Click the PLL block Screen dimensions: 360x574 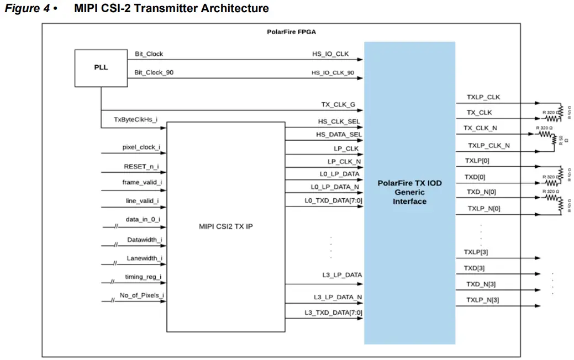[x=101, y=68]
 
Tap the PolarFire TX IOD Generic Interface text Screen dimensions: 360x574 [x=409, y=192]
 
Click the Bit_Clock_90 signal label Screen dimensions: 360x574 [x=154, y=72]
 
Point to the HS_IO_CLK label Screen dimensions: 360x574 [x=330, y=54]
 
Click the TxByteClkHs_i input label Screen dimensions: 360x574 [x=135, y=120]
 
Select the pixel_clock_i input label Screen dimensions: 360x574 [x=141, y=147]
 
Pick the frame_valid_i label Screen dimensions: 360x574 [x=142, y=182]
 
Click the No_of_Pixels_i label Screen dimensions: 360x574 [x=141, y=295]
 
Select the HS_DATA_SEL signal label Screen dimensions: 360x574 [x=339, y=135]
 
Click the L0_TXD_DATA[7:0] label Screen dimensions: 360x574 [x=334, y=200]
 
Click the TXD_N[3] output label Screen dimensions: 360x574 [x=481, y=284]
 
